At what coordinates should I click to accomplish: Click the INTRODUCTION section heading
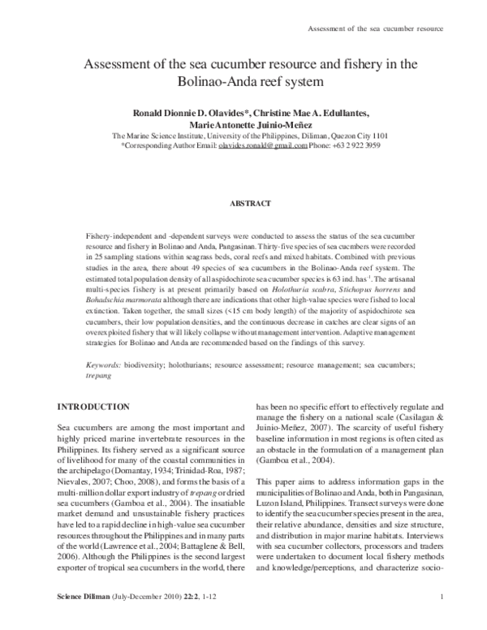pos(93,407)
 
